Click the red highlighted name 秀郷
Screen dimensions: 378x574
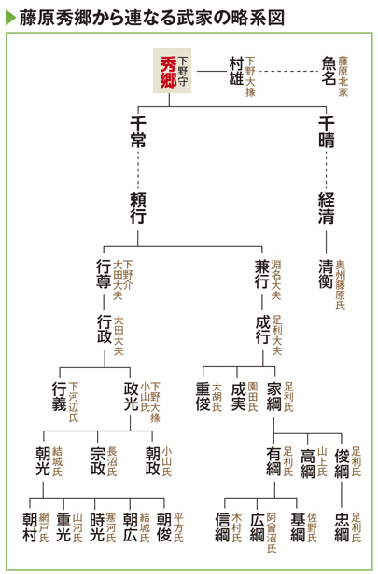tap(168, 72)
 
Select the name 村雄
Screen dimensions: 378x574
tap(236, 71)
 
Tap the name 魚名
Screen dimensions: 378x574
tap(329, 71)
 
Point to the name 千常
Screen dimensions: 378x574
tap(138, 131)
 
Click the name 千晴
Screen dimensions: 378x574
tap(326, 131)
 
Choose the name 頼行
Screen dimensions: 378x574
tap(138, 208)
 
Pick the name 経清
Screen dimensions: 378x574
tap(326, 208)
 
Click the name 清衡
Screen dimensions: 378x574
tap(326, 275)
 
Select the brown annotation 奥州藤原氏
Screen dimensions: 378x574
tap(341, 285)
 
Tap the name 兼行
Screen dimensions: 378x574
tap(262, 275)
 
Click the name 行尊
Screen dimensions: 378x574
tap(104, 275)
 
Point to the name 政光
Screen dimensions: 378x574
tap(131, 396)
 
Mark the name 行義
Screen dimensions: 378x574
tap(60, 396)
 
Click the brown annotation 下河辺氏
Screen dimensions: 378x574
tap(74, 402)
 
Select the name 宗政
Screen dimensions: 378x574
tap(98, 461)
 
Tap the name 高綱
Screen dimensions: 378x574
tap(308, 463)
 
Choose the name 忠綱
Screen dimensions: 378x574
tap(342, 527)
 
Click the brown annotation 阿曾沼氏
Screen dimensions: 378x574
tap(272, 533)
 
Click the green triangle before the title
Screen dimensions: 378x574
tap(10, 17)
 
